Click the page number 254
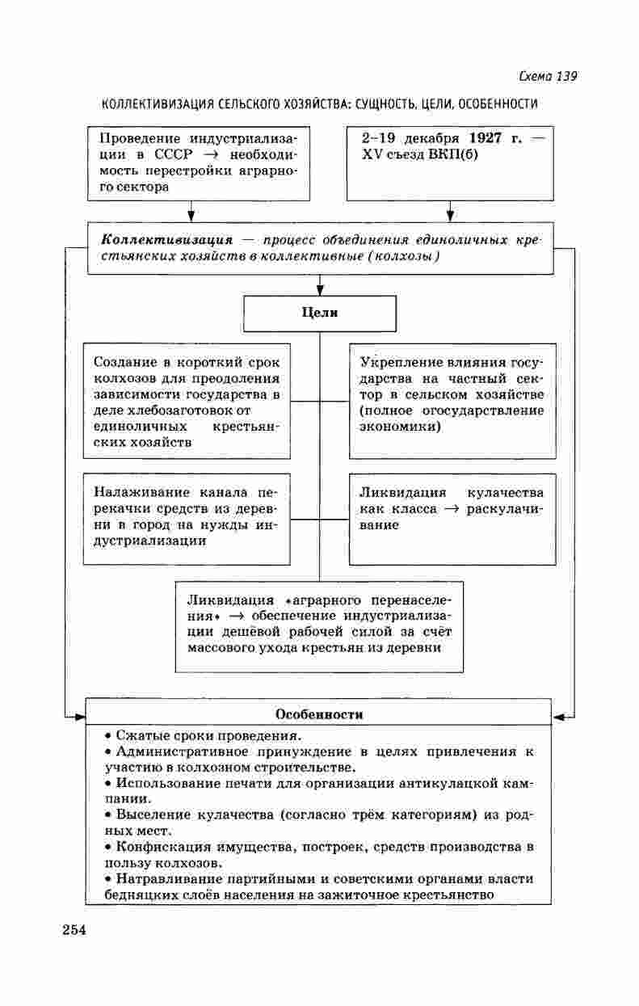74,929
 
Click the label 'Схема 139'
547,77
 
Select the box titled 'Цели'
320,313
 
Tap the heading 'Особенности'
319,714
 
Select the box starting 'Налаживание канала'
187,517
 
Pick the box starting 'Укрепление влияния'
452,402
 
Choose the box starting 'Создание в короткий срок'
187,402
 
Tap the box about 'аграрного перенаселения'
319,625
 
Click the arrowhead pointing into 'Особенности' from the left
78,717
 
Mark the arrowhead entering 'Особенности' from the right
558,717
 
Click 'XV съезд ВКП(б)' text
420,154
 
